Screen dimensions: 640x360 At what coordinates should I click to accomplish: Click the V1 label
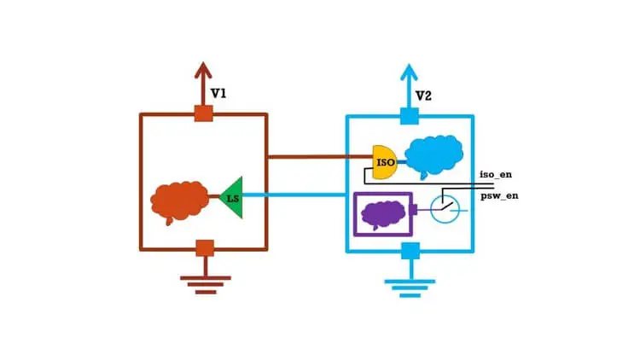(x=218, y=94)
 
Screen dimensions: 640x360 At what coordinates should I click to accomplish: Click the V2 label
(x=423, y=96)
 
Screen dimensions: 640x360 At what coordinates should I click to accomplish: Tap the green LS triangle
(x=232, y=198)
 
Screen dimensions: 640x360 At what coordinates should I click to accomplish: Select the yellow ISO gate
(x=385, y=162)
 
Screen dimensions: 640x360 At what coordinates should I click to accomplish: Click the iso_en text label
(x=496, y=174)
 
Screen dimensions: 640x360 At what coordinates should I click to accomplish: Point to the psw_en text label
(x=499, y=195)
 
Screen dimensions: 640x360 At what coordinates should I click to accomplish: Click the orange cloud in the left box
(x=179, y=202)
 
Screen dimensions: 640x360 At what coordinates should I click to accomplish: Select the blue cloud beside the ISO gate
(x=433, y=156)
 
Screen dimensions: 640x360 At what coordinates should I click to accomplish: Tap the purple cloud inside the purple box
(x=384, y=215)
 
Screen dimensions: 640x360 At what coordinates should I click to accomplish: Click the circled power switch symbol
(x=445, y=209)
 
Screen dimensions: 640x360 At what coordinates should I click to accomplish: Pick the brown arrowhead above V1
(x=203, y=70)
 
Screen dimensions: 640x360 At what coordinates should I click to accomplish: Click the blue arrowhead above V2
(x=409, y=73)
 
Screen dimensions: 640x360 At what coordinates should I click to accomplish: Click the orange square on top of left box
(x=204, y=113)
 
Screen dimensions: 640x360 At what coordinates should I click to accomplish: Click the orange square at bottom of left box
(x=205, y=247)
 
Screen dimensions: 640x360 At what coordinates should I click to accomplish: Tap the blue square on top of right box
(x=410, y=116)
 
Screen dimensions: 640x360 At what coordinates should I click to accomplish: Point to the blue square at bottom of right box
(x=410, y=251)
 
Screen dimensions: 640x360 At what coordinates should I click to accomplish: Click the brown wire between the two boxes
(x=320, y=156)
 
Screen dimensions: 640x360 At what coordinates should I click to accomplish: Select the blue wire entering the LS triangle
(x=294, y=195)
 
